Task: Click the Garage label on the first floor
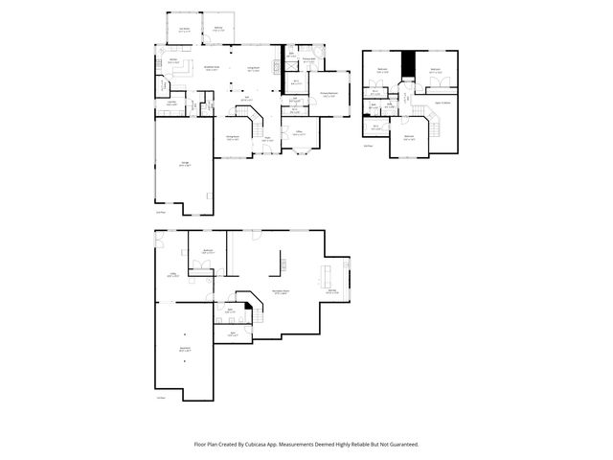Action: coord(184,165)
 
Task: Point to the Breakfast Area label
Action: coord(213,68)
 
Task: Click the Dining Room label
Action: coord(233,138)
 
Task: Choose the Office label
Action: coord(299,132)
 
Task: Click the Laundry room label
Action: coord(170,103)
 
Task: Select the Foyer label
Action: coord(269,140)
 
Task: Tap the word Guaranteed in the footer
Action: coord(400,444)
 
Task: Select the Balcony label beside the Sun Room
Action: coord(219,29)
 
